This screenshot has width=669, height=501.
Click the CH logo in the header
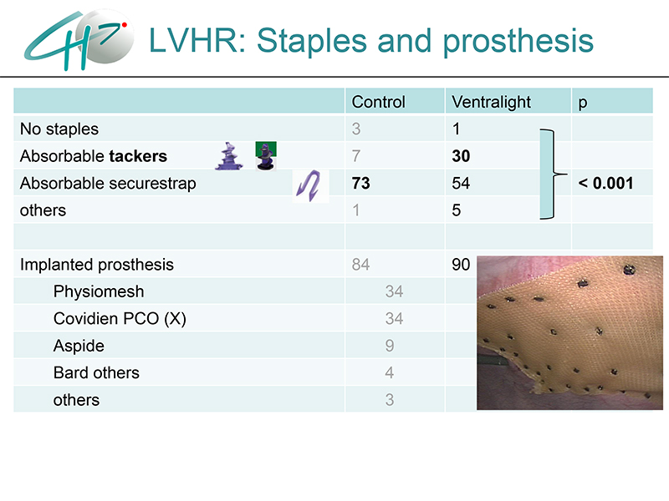click(79, 39)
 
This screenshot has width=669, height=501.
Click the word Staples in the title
click(312, 41)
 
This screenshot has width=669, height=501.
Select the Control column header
click(378, 102)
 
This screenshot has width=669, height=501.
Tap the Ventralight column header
click(491, 102)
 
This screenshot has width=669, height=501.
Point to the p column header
click(582, 104)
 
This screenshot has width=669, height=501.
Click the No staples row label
click(59, 129)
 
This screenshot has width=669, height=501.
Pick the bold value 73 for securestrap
click(361, 183)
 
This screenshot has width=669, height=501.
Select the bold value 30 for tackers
click(461, 156)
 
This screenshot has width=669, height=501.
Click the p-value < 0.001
click(605, 183)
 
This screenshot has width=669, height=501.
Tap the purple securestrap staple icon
click(310, 185)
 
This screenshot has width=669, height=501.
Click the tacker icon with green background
click(266, 156)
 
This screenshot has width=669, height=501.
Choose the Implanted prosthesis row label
click(97, 265)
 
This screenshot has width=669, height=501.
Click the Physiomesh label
click(99, 291)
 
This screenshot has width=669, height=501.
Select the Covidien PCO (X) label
click(120, 319)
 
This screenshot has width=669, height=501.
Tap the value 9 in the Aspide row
click(390, 346)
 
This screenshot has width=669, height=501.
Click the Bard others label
click(96, 372)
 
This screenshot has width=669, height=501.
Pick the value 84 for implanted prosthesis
click(360, 265)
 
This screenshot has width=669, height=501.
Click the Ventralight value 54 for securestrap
click(461, 183)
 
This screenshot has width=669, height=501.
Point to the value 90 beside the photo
click(461, 265)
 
